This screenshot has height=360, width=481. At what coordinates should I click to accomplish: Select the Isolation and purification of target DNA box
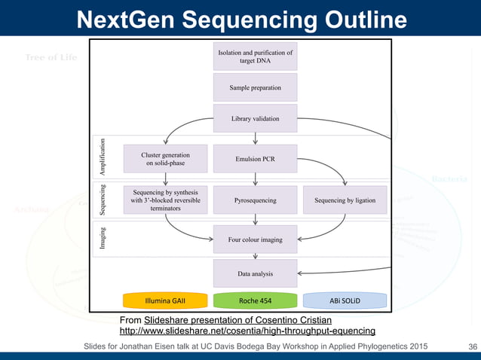255,56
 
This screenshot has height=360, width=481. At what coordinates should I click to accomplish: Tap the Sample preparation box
255,88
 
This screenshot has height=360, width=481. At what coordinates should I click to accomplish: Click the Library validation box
255,119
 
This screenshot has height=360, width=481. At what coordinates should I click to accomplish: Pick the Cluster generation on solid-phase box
165,159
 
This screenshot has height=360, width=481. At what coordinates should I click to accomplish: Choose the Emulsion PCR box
255,159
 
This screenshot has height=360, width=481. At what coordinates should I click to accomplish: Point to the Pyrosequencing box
255,201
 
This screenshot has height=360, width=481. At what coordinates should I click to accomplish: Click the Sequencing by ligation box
345,201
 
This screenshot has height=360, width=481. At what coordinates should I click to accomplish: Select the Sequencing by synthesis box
165,201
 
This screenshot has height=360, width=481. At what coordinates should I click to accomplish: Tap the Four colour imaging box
255,239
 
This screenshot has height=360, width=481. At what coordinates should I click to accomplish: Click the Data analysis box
255,274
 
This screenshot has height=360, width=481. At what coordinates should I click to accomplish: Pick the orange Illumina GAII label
165,300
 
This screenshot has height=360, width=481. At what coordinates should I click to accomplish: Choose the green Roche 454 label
255,300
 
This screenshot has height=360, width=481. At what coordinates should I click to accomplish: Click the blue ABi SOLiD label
345,300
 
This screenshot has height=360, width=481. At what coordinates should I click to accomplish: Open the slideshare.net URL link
247,331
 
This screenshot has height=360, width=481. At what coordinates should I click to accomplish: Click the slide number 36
473,346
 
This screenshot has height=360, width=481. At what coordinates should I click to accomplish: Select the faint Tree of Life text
51,58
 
